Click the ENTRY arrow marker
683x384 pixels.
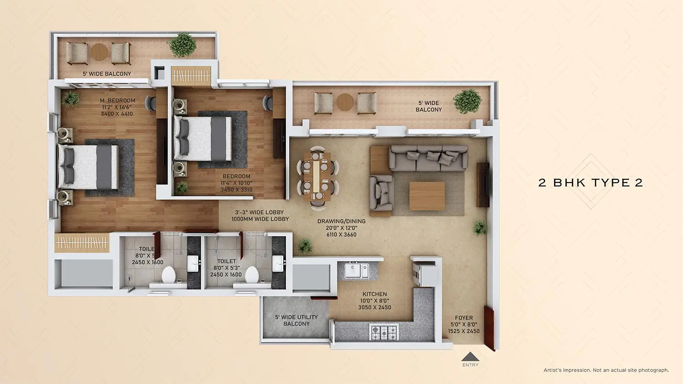pos(470,357)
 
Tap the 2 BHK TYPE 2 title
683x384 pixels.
pos(591,183)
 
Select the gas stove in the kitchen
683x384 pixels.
pos(384,332)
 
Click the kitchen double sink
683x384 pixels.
pos(357,270)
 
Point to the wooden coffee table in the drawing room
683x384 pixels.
pos(427,196)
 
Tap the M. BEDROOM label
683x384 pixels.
pos(117,101)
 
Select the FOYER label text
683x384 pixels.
pos(464,318)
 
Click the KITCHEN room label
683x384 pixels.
pos(374,294)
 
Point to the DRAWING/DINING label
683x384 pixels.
pos(341,222)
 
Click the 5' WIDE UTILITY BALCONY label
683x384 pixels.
pos(296,320)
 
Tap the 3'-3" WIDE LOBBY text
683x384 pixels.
pos(259,212)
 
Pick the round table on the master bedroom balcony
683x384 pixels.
pos(99,52)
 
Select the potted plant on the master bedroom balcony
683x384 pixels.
pos(182,45)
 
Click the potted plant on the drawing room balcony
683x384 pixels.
pos(467,101)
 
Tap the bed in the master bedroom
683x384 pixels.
pos(89,167)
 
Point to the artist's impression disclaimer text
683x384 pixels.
pos(606,370)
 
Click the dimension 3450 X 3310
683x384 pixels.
pos(236,190)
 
